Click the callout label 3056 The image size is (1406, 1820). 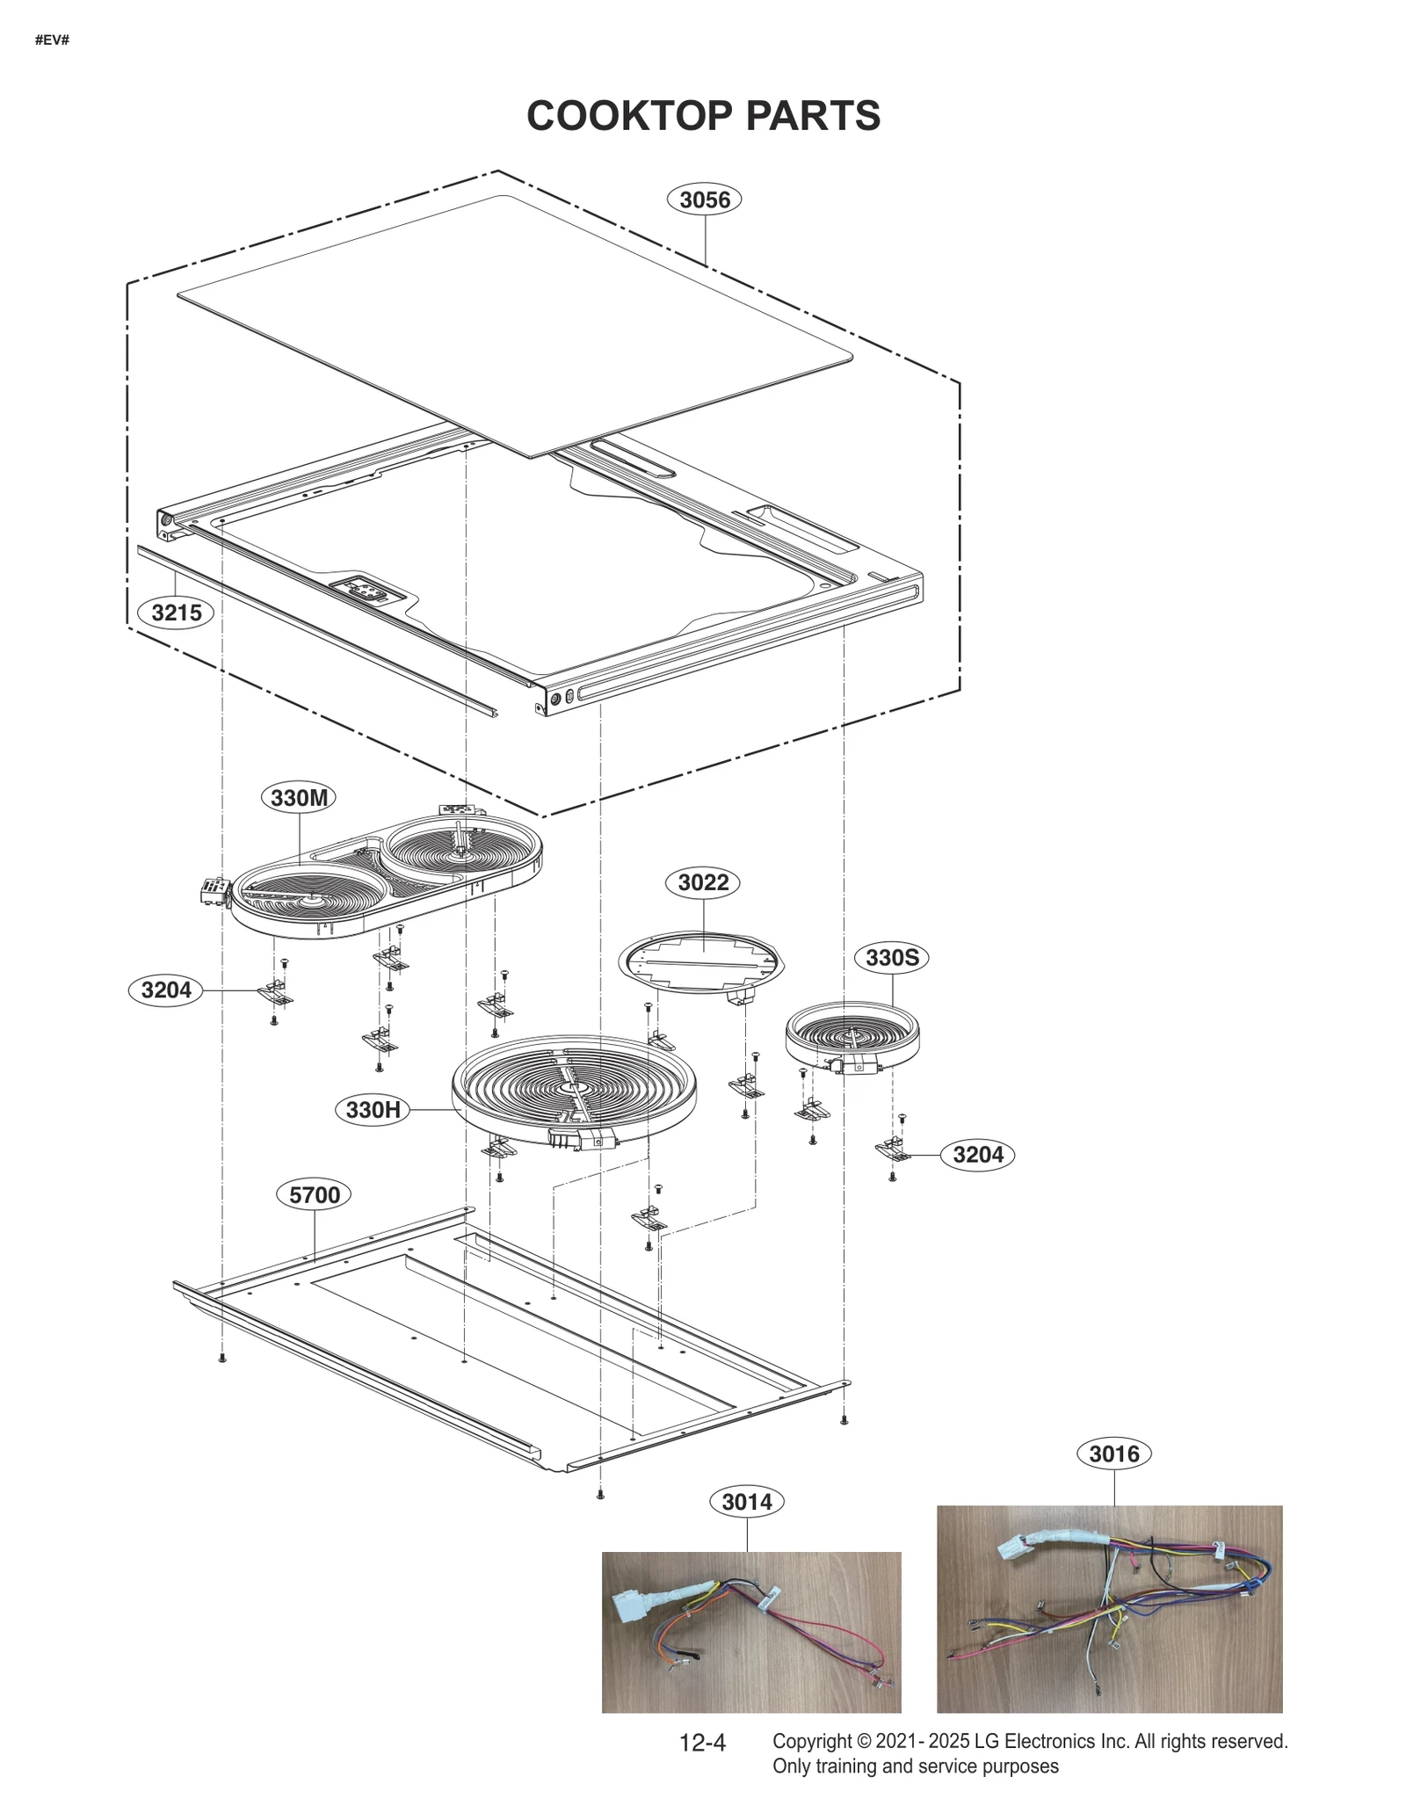pyautogui.click(x=705, y=199)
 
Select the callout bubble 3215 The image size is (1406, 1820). pyautogui.click(x=176, y=613)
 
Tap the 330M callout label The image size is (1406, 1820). pyautogui.click(x=299, y=798)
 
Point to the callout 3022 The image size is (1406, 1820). pyautogui.click(x=703, y=882)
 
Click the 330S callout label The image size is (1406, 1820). pyautogui.click(x=892, y=957)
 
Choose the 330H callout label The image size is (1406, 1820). pyautogui.click(x=373, y=1110)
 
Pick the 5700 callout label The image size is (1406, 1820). pyautogui.click(x=315, y=1194)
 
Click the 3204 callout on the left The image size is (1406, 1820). pyautogui.click(x=166, y=990)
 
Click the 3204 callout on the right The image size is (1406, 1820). pyautogui.click(x=978, y=1154)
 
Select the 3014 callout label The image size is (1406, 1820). pyautogui.click(x=747, y=1502)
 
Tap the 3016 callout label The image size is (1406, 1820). pyautogui.click(x=1114, y=1454)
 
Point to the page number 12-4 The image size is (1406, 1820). pyautogui.click(x=702, y=1743)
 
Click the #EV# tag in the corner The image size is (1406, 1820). pyautogui.click(x=52, y=40)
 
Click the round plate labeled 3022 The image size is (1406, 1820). pyautogui.click(x=700, y=961)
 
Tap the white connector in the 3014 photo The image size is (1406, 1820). pyautogui.click(x=635, y=1609)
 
